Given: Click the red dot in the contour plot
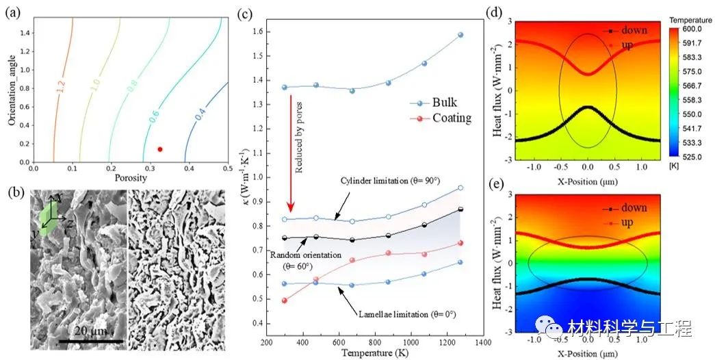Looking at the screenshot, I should pyautogui.click(x=160, y=149).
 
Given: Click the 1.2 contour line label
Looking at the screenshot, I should pyautogui.click(x=61, y=86).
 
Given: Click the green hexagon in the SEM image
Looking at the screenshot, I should pyautogui.click(x=50, y=220).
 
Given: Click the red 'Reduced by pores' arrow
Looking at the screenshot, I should pyautogui.click(x=292, y=151).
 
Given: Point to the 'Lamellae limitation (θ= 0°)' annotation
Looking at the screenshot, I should pyautogui.click(x=406, y=314).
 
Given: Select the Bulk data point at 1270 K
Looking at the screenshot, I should pyautogui.click(x=460, y=35).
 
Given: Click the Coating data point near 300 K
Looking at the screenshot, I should pyautogui.click(x=285, y=300).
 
